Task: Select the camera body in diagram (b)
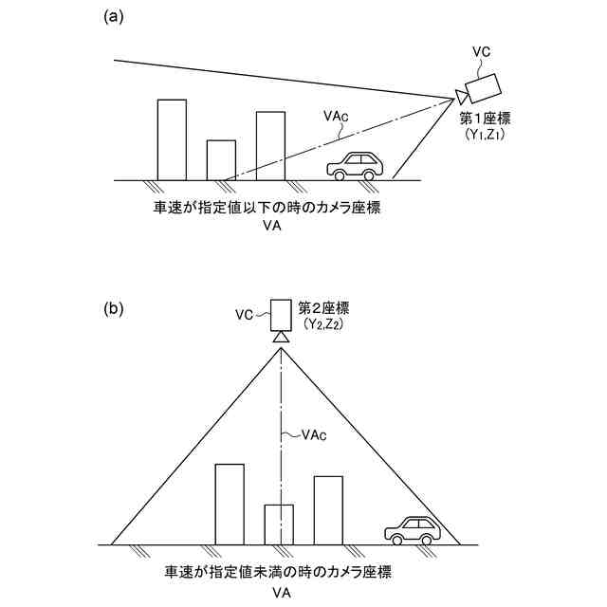281,313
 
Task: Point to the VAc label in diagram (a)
336,116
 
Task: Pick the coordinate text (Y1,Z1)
484,136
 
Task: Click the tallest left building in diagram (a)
172,138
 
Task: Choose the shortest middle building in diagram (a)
221,159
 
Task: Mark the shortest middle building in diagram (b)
279,524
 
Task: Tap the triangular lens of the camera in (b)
282,338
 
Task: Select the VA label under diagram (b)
281,592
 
